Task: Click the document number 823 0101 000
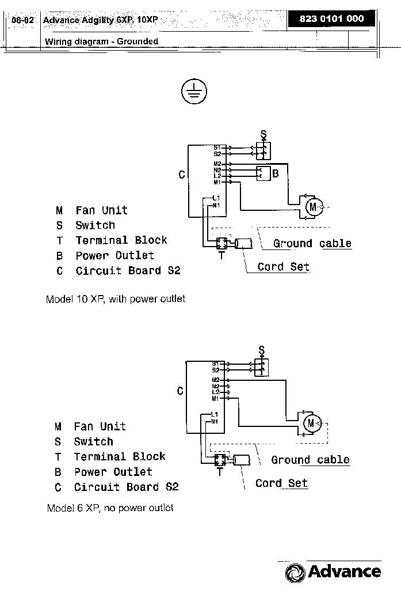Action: (x=332, y=18)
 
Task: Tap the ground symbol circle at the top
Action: (x=194, y=91)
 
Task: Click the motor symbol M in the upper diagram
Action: (x=313, y=207)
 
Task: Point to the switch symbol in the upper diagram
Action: (x=263, y=150)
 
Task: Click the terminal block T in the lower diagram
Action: (x=219, y=460)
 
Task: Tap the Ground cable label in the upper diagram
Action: (x=312, y=244)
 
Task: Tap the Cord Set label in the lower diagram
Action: (x=281, y=483)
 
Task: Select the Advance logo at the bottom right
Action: (x=333, y=572)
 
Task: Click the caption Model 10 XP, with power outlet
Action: (x=115, y=300)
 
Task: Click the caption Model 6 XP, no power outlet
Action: (x=109, y=508)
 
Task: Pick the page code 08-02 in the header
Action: (x=22, y=20)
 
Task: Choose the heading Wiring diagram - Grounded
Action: (x=101, y=41)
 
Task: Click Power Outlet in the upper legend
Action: (x=114, y=255)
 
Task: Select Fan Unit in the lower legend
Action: (x=100, y=426)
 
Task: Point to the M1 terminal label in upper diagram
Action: (x=217, y=182)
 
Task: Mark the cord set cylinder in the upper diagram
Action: (x=243, y=244)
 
